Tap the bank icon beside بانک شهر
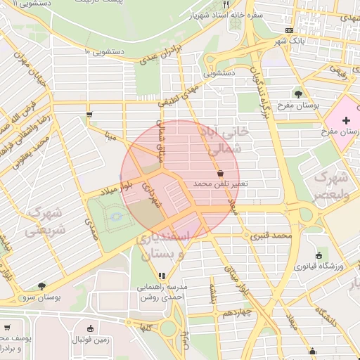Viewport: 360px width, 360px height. pos(290,31)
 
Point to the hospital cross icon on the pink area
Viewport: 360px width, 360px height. pos(345,120)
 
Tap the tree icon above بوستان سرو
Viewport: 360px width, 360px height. pos(42,286)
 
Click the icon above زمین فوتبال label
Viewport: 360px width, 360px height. pos(90,328)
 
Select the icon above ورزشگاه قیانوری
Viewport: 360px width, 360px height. pos(319,255)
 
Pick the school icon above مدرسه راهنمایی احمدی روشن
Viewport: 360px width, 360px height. pos(162,276)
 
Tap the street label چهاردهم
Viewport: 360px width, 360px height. pos(233,312)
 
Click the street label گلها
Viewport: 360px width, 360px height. pos(146,328)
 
